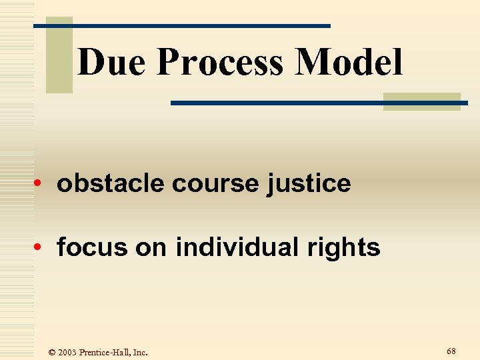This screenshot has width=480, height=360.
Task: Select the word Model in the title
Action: pos(350,63)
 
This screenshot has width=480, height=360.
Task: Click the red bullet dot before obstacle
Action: pos(41,184)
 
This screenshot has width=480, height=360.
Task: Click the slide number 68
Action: pos(451,351)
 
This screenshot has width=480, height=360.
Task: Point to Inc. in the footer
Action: pos(141,352)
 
